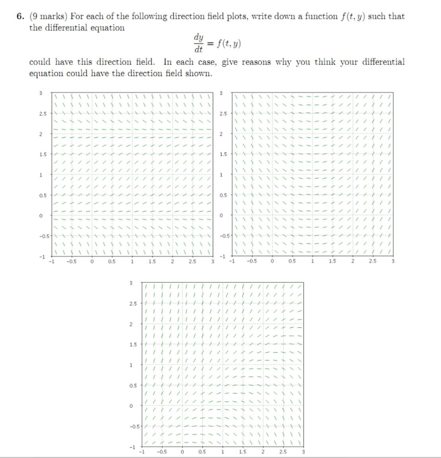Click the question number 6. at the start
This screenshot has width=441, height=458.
[20, 17]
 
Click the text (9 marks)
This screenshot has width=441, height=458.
[48, 17]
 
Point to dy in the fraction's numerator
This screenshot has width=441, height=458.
[197, 37]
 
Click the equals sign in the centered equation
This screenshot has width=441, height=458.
[210, 44]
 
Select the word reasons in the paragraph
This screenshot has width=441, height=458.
[256, 62]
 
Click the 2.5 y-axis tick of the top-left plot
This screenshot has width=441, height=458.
[42, 113]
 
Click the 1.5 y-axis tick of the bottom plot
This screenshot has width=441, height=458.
[132, 344]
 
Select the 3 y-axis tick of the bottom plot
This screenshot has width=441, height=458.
[130, 283]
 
